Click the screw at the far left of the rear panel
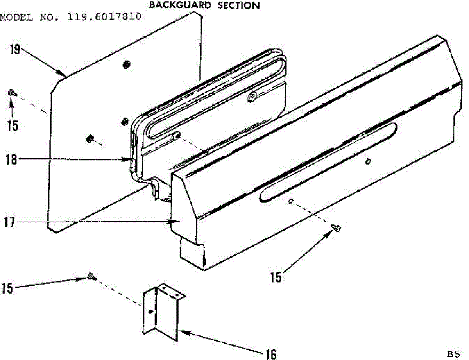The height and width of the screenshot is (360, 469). tap(12, 93)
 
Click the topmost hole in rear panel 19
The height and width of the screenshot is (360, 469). tap(126, 64)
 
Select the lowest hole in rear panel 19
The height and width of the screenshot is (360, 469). tap(90, 138)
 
